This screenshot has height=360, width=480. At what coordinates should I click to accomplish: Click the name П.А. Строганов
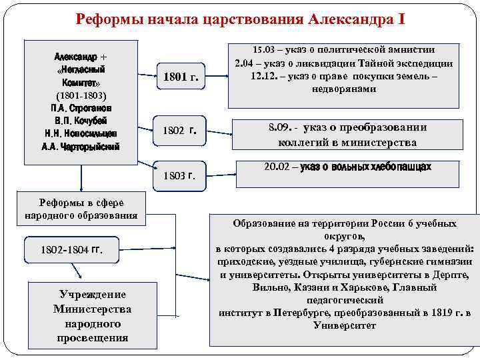click(x=81, y=108)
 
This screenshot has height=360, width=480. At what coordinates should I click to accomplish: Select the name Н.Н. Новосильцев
click(x=81, y=133)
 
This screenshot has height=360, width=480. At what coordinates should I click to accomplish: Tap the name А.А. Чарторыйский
click(x=81, y=147)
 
